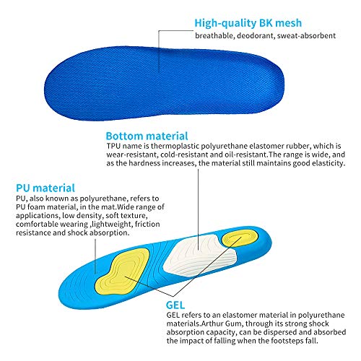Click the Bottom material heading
click(x=147, y=135)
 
